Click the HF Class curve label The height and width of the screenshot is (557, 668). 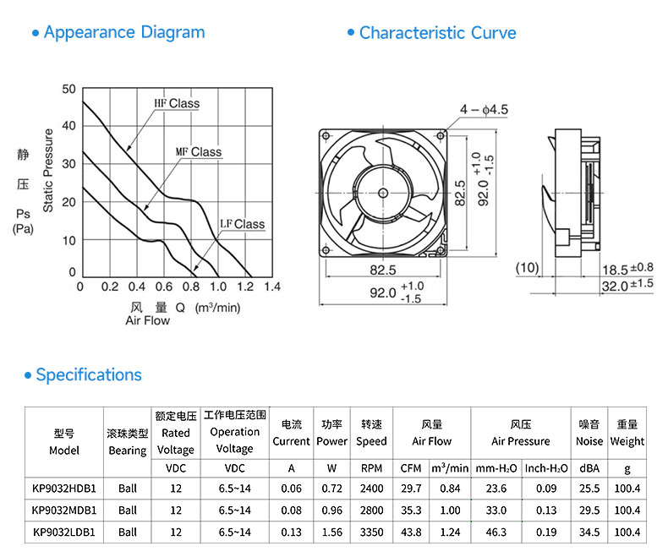pos(177,103)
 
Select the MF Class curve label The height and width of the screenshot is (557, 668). pos(199,152)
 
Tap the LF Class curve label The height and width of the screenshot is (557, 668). pos(243,224)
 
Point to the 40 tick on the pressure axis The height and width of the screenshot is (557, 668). pos(68,126)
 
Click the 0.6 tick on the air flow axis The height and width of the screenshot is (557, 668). pos(164,287)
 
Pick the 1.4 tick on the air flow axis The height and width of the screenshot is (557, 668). pos(272,287)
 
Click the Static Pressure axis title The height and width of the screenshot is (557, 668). pos(48,171)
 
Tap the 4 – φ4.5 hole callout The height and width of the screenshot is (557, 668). pos(484,110)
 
